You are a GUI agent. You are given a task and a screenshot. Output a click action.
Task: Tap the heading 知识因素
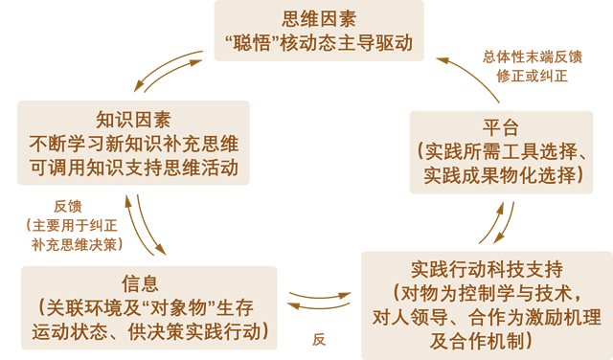click(x=133, y=121)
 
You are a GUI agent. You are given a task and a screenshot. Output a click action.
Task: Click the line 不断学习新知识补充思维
click(x=133, y=145)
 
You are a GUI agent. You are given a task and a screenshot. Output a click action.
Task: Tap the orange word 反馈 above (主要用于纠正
click(x=68, y=206)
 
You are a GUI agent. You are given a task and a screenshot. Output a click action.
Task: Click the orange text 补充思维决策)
click(x=75, y=244)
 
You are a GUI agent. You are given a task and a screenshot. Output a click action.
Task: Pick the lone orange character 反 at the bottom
click(x=320, y=339)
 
